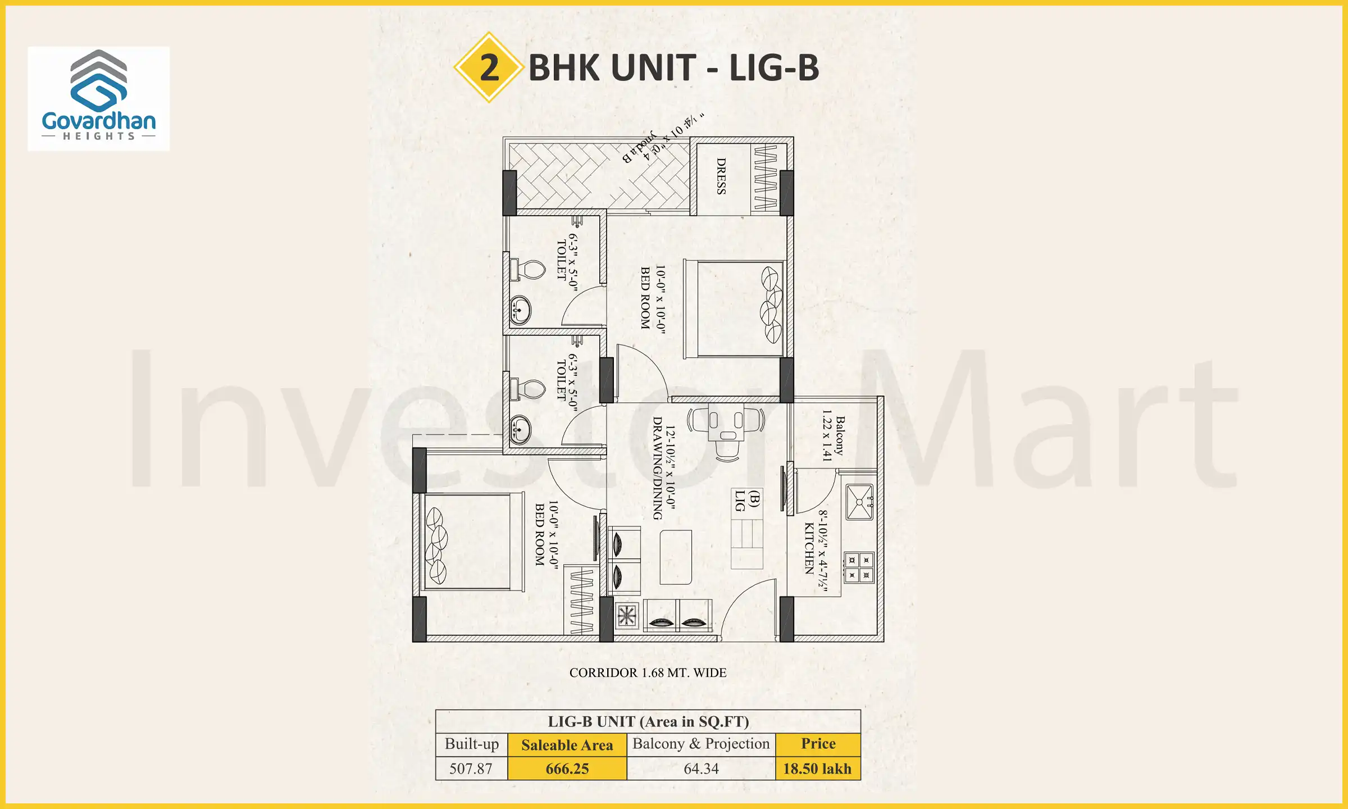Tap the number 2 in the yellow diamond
point(489,67)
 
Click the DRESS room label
point(721,176)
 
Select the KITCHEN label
point(809,548)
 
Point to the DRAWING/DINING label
point(658,468)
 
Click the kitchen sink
point(859,502)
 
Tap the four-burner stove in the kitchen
point(859,567)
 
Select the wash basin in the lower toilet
point(520,430)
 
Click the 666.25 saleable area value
point(567,769)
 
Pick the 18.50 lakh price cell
point(817,769)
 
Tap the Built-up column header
point(472,744)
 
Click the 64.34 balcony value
point(701,769)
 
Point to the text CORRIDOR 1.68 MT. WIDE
point(648,672)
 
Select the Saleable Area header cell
point(567,745)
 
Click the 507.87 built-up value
point(471,769)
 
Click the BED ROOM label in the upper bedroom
point(646,298)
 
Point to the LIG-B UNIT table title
point(648,721)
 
